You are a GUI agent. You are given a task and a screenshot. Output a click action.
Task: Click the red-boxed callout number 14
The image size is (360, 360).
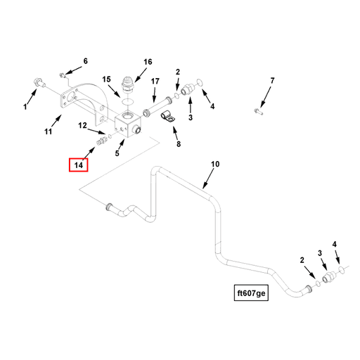(79, 165)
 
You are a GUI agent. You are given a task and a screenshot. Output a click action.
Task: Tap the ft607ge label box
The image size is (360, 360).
(251, 292)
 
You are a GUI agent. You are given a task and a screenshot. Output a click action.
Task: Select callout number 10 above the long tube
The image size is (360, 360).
(215, 164)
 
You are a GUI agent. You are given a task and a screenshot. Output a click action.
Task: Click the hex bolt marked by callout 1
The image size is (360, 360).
(39, 82)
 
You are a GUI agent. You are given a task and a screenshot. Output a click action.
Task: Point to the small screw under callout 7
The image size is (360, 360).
(259, 111)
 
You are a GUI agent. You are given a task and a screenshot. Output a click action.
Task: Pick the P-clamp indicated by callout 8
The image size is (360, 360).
(168, 117)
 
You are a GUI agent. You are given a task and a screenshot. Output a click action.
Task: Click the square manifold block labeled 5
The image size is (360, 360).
(128, 125)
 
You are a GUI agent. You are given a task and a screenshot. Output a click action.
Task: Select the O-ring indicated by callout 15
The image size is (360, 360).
(128, 102)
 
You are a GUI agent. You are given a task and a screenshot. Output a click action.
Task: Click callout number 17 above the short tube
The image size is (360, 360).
(155, 82)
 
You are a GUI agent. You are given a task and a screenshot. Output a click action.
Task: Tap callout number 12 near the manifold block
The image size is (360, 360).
(82, 125)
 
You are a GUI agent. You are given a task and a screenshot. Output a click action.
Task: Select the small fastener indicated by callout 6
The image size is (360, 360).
(62, 75)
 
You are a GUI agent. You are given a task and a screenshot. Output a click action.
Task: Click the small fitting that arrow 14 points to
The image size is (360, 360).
(101, 141)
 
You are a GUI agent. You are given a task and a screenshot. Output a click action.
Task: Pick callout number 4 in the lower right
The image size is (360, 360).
(335, 244)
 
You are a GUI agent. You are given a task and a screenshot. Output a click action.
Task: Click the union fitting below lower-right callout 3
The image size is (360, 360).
(328, 277)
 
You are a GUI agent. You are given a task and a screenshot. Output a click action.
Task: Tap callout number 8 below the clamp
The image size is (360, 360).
(179, 143)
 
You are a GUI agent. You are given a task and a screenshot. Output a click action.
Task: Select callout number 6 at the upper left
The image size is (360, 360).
(86, 61)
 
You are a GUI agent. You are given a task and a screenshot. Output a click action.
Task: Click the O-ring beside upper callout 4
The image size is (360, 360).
(200, 82)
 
